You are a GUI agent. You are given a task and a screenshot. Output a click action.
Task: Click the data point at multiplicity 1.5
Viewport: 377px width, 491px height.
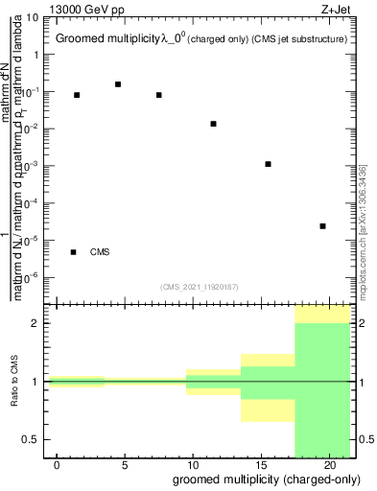pos(77,95)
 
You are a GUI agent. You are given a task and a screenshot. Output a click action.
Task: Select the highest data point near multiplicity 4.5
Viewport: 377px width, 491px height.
pos(118,84)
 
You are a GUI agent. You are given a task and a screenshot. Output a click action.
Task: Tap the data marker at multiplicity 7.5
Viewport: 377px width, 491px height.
pos(158,95)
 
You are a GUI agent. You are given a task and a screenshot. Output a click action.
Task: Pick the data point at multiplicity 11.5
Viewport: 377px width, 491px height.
pos(213,124)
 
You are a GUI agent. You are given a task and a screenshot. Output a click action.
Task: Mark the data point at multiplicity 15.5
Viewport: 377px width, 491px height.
pos(268,164)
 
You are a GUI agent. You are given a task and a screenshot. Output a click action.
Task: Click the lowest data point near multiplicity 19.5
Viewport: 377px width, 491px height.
pos(322,226)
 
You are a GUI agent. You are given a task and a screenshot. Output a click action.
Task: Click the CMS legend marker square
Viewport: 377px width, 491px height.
pos(74,252)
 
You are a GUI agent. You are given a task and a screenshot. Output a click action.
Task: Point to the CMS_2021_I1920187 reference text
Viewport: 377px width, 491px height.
pos(200,286)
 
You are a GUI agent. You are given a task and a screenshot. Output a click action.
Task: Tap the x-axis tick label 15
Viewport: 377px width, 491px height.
pos(261,465)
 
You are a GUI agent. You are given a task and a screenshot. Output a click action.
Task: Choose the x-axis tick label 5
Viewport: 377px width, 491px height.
pos(125,465)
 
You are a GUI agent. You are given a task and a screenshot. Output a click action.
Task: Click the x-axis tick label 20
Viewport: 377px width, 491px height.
pos(329,465)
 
